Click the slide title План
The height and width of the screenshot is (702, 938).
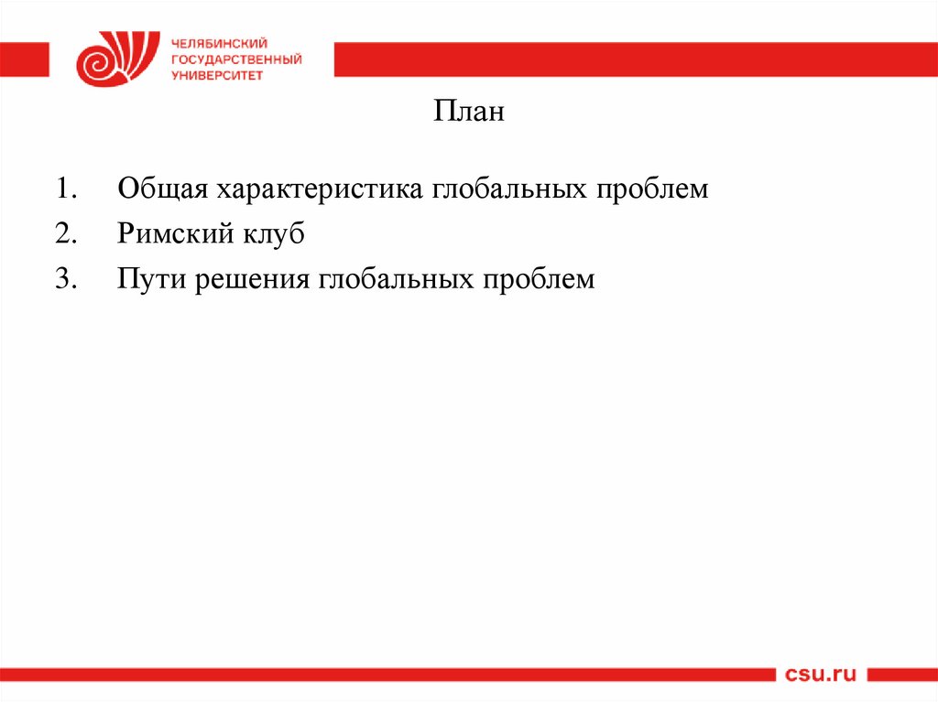(468, 113)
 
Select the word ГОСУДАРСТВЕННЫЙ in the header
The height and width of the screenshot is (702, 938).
(235, 59)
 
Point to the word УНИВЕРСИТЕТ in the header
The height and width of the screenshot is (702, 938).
(216, 75)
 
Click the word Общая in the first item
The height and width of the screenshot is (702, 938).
(162, 190)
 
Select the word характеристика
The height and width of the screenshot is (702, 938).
(320, 190)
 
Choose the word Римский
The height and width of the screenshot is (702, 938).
(173, 234)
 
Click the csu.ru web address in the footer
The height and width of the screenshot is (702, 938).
(820, 675)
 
